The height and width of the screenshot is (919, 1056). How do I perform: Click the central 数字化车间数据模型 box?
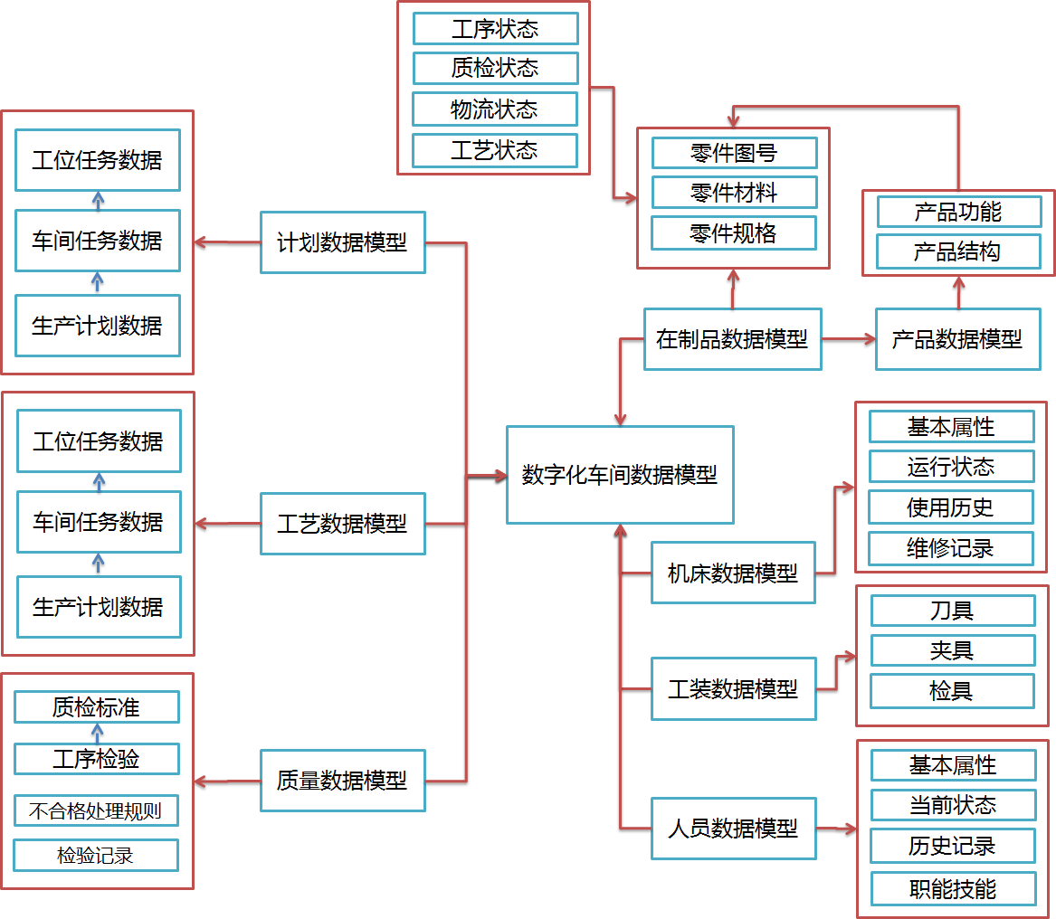click(620, 475)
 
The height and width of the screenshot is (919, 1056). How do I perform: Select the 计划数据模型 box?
click(342, 242)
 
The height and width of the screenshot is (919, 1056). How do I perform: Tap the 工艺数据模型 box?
click(342, 524)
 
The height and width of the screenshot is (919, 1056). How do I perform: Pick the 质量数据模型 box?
click(342, 780)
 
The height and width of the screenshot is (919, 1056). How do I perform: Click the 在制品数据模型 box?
click(732, 339)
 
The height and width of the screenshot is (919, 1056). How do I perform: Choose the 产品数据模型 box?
click(957, 339)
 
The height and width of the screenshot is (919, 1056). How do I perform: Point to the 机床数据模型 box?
click(733, 573)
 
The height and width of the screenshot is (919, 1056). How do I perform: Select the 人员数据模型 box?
click(733, 828)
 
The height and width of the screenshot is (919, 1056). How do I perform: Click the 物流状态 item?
click(495, 109)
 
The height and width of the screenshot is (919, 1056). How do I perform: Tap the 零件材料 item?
click(734, 193)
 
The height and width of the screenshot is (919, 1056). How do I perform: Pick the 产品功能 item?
click(958, 212)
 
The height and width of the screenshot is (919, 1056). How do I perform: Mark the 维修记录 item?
click(950, 548)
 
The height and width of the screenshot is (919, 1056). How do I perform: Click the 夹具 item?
click(952, 650)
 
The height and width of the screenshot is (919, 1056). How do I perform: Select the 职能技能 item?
click(953, 889)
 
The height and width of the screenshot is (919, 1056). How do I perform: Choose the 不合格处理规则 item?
click(96, 810)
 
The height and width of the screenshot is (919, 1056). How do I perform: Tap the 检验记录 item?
click(96, 855)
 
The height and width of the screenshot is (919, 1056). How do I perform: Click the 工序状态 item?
click(495, 29)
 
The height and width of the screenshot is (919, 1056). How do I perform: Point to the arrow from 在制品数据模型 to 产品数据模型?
click(849, 339)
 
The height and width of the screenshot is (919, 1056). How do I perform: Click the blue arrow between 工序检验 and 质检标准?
click(98, 733)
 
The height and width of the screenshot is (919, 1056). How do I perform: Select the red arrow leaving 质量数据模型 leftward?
click(226, 781)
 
